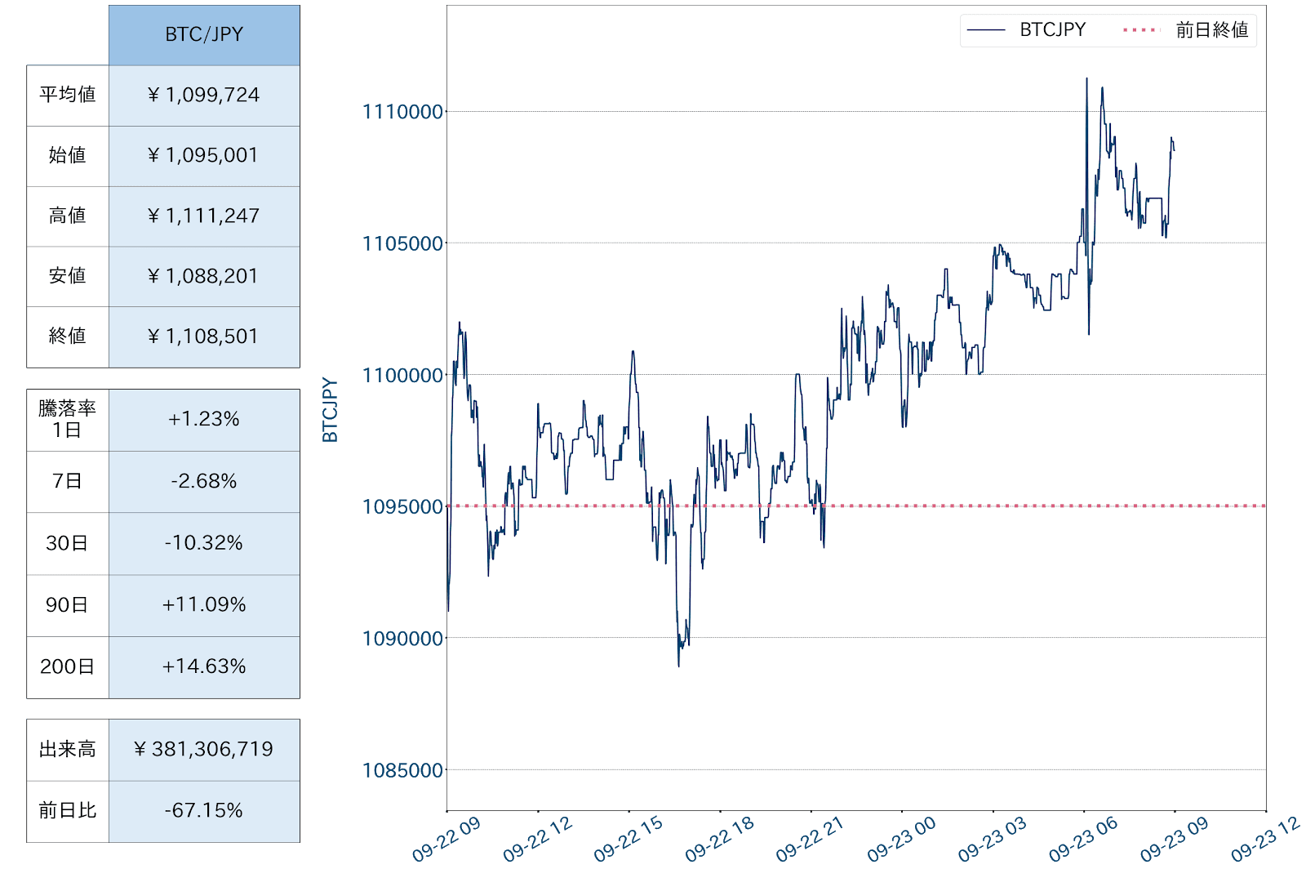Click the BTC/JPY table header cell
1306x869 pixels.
coord(204,35)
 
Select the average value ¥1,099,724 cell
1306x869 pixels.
coord(204,96)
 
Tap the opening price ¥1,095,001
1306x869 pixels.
coord(204,155)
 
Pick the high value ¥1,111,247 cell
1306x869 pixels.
coord(204,216)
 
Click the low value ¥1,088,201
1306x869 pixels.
coord(204,276)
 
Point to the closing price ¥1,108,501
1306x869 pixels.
coord(204,336)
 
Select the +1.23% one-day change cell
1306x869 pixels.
coord(204,419)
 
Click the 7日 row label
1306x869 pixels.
coord(67,481)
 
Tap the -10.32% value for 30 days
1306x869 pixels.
coord(204,543)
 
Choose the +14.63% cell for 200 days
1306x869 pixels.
coord(204,666)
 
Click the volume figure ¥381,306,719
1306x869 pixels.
coord(204,749)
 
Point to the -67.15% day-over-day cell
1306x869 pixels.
coord(204,810)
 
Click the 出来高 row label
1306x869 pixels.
coord(67,749)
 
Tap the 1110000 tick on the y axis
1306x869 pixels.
coord(402,112)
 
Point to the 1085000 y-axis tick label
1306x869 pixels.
coord(402,770)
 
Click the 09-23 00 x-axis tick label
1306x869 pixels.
coord(901,840)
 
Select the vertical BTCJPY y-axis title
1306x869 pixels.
coord(330,410)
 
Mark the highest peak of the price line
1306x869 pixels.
coord(1086,79)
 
